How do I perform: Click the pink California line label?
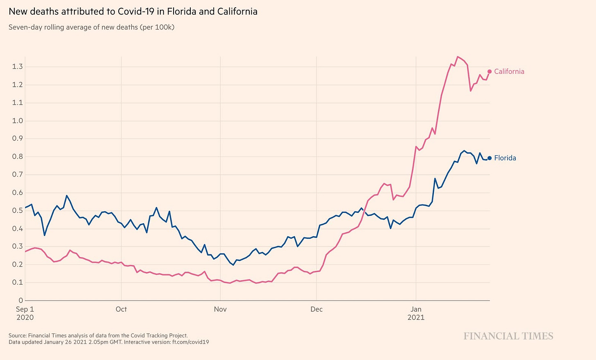(x=509, y=71)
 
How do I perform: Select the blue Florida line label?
(x=505, y=158)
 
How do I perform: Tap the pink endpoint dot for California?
(x=489, y=72)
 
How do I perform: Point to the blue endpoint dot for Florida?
(x=489, y=158)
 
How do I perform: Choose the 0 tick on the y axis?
(x=21, y=301)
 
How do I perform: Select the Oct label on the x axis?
(x=121, y=309)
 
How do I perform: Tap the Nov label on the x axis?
(x=220, y=309)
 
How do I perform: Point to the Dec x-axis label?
(x=316, y=309)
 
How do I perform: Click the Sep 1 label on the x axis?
(x=25, y=309)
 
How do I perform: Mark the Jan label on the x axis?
(x=416, y=309)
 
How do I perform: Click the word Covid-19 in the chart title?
(x=135, y=11)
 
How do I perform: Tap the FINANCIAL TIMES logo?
(x=508, y=336)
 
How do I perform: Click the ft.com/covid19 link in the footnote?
(x=190, y=342)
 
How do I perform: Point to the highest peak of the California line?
(x=458, y=57)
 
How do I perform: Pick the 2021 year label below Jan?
(x=416, y=317)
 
